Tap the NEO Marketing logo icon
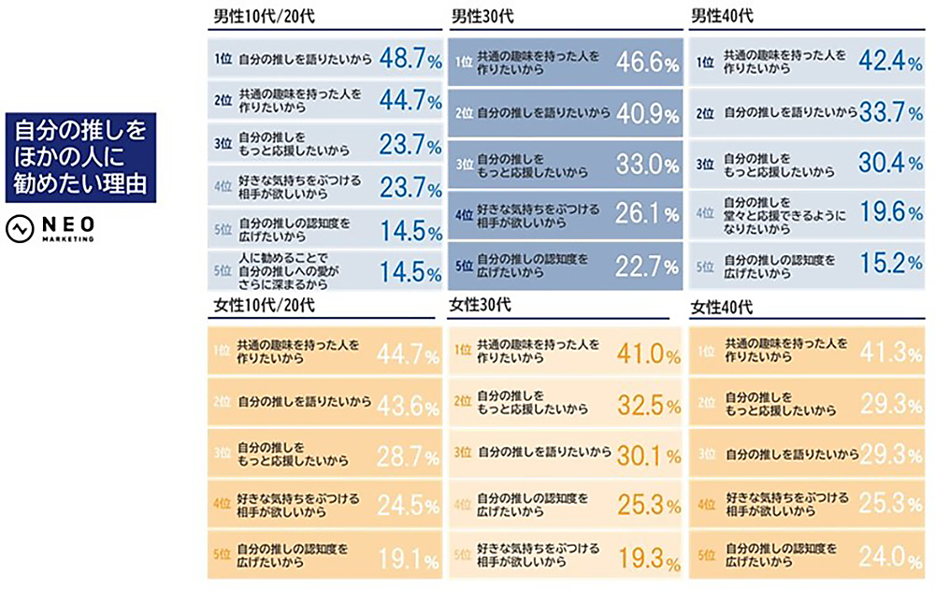coord(19,228)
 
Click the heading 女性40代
coord(721,308)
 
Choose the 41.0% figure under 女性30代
coord(647,354)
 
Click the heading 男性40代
coord(721,17)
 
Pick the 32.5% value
coord(647,405)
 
